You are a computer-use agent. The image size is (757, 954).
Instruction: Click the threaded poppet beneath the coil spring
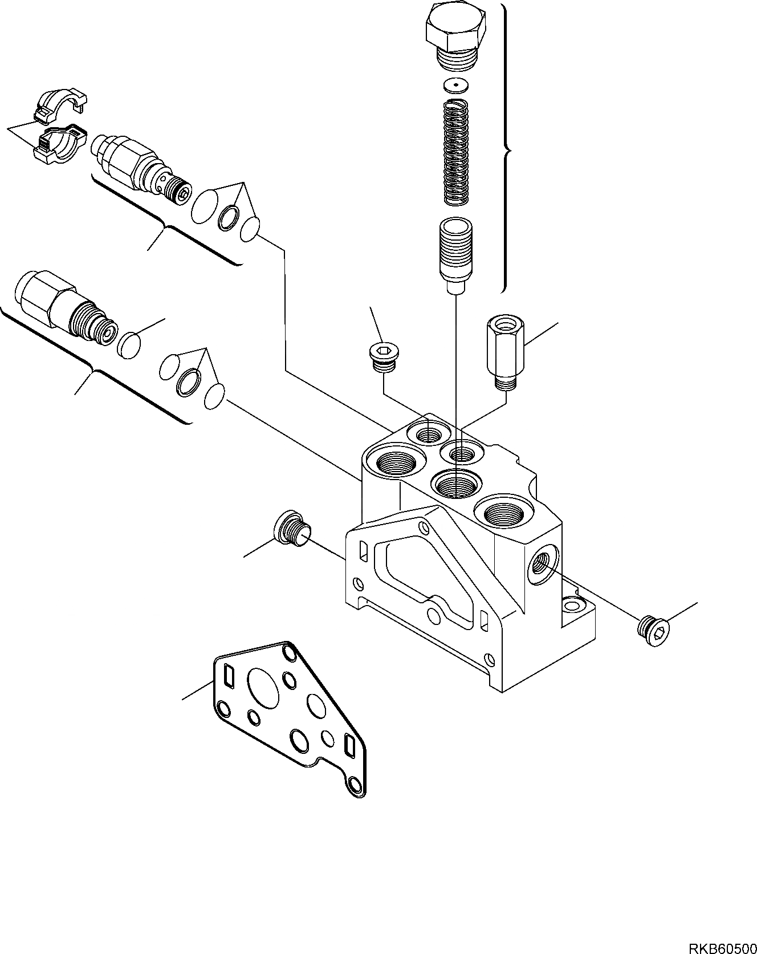click(454, 249)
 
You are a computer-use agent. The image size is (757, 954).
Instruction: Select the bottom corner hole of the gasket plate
click(356, 785)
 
